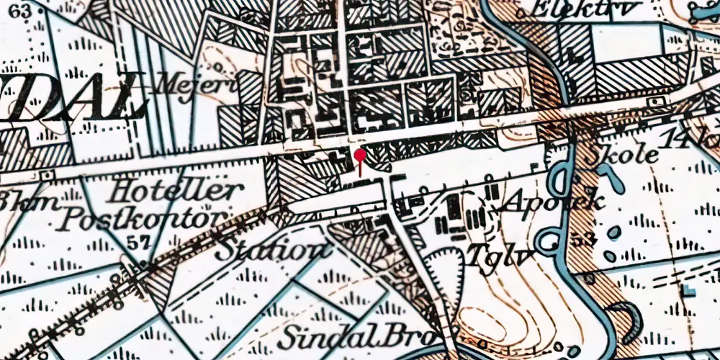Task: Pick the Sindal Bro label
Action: (358, 335)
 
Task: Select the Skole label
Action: (623, 155)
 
